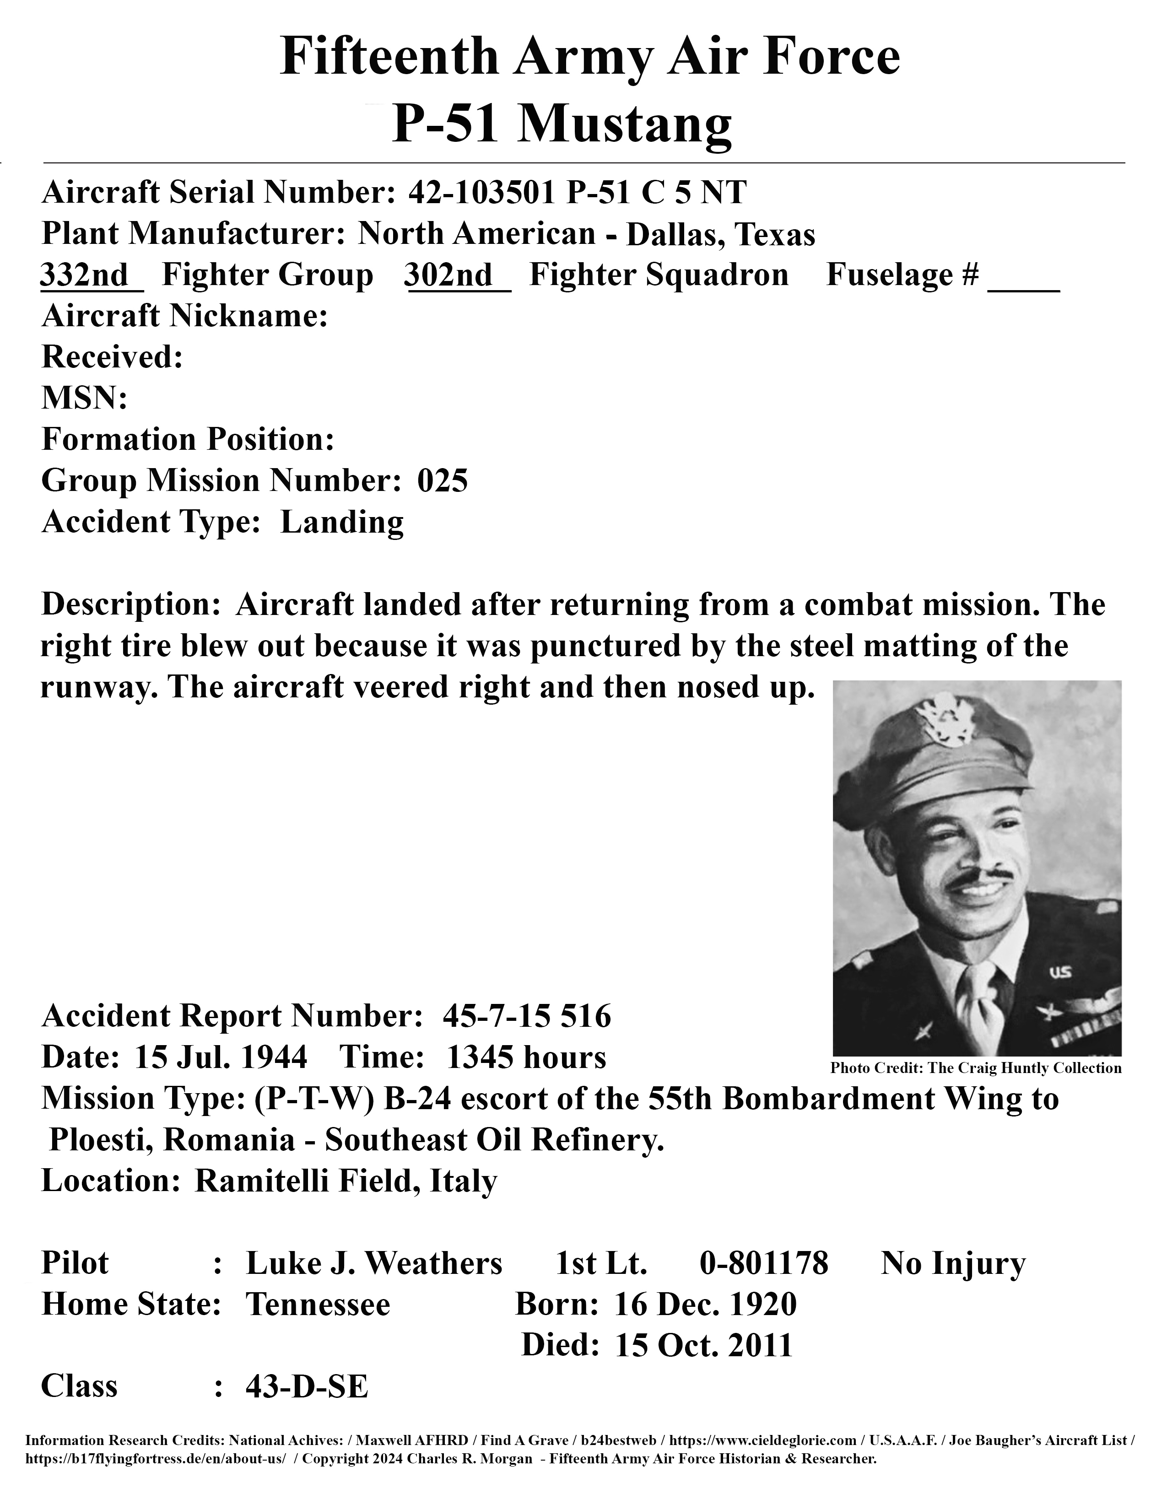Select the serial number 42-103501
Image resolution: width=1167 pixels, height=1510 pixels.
click(x=482, y=192)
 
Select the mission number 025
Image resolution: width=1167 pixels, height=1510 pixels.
click(x=443, y=480)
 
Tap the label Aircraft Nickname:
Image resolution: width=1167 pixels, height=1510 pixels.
click(x=184, y=316)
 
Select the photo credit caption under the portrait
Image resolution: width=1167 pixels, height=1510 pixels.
click(x=976, y=1068)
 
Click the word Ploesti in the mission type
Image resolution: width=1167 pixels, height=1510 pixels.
click(x=101, y=1140)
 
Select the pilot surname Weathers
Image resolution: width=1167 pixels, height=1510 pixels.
click(x=433, y=1263)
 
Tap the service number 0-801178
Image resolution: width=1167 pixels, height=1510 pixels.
click(x=763, y=1263)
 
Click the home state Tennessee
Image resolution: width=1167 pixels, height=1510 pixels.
click(x=318, y=1305)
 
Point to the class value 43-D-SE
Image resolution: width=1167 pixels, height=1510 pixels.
click(x=306, y=1386)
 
